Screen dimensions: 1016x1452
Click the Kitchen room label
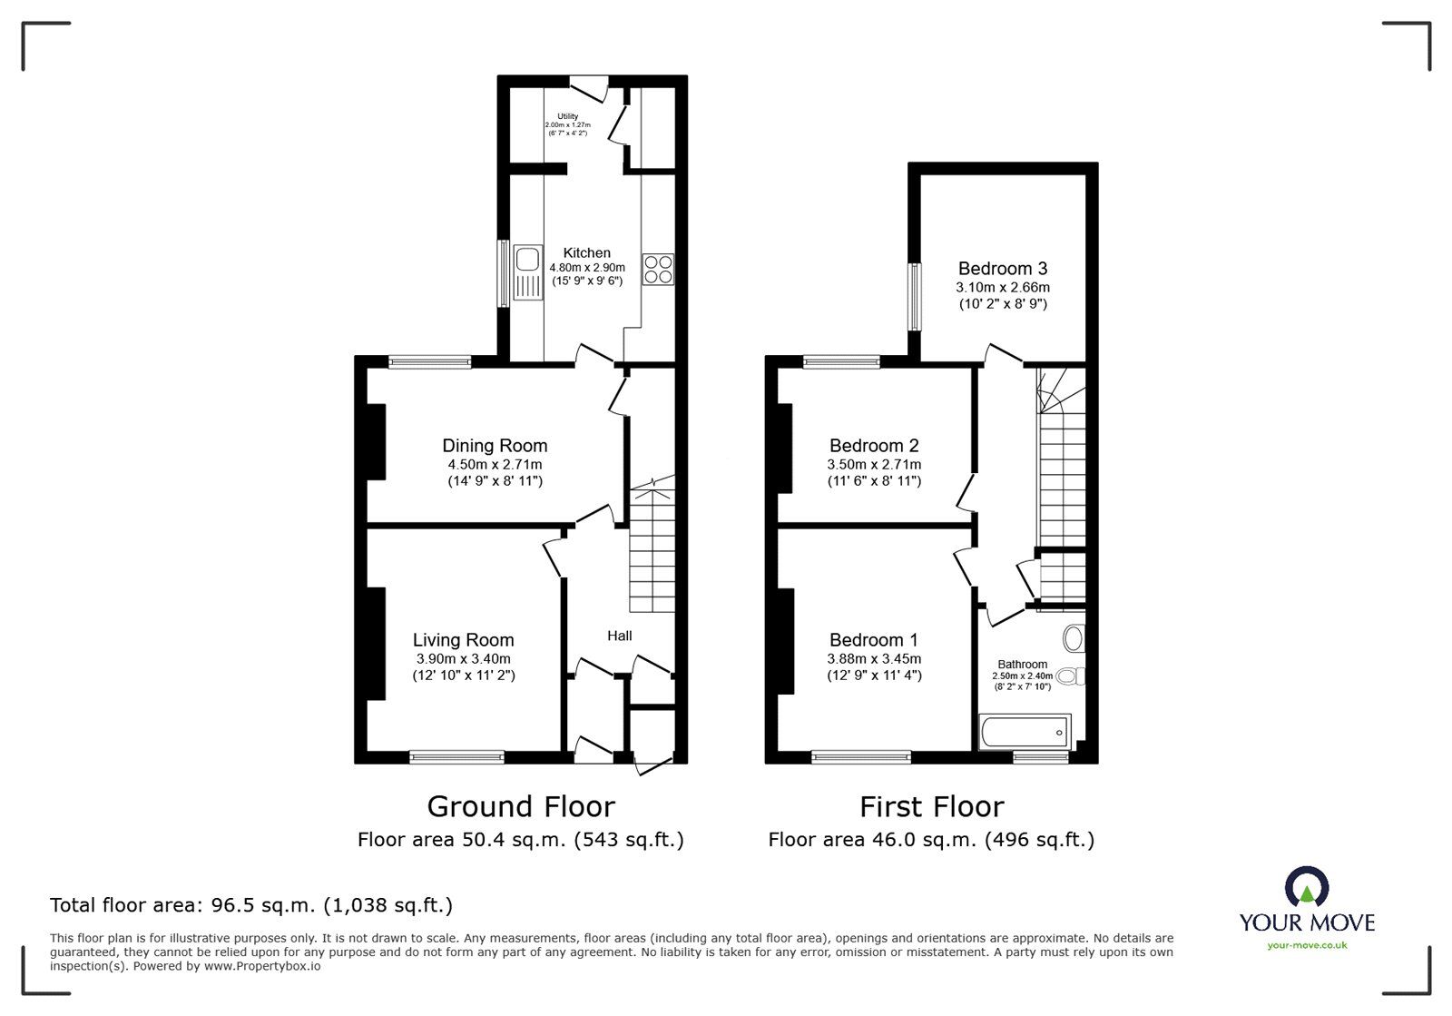pyautogui.click(x=586, y=252)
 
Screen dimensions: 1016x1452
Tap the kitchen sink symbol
pyautogui.click(x=525, y=272)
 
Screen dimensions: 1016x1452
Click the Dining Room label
pyautogui.click(x=495, y=445)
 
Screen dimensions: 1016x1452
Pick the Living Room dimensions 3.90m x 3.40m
pyautogui.click(x=463, y=658)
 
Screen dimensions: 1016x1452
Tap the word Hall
pyautogui.click(x=620, y=636)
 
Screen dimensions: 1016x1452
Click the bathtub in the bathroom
pyautogui.click(x=1025, y=732)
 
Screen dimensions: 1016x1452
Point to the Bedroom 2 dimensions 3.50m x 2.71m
pyautogui.click(x=874, y=464)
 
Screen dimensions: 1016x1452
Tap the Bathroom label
pyautogui.click(x=1023, y=664)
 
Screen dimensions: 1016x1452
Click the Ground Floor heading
pyautogui.click(x=521, y=806)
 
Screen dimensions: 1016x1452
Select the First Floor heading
pyautogui.click(x=931, y=806)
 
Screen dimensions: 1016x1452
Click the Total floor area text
pyautogui.click(x=251, y=904)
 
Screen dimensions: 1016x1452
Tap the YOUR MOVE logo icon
pyautogui.click(x=1307, y=887)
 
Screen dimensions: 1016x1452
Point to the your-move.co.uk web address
pyautogui.click(x=1307, y=945)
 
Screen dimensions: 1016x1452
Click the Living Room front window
pyautogui.click(x=456, y=756)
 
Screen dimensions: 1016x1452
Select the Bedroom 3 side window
pyautogui.click(x=916, y=297)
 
